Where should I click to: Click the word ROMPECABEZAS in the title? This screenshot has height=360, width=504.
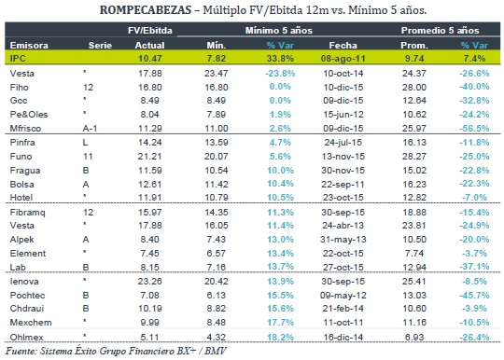146,10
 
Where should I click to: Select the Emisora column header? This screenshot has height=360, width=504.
29,46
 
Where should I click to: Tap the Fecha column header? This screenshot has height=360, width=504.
343,46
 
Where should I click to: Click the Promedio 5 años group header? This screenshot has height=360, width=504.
440,31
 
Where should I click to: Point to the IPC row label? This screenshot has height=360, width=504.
18,59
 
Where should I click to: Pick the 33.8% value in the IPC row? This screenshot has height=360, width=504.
280,59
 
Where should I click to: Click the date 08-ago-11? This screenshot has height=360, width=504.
343,59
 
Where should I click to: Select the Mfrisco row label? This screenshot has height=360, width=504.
25,129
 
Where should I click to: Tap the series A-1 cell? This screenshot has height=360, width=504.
90,129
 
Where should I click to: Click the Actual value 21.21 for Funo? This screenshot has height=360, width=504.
149,157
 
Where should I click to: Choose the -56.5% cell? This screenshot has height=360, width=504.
474,129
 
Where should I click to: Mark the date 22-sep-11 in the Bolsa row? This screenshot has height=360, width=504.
343,185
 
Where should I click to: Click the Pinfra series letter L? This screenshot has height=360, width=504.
85,143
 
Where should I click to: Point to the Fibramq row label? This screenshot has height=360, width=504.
27,213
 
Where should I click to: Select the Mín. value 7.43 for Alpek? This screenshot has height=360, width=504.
216,240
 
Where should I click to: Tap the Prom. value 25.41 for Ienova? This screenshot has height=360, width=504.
414,282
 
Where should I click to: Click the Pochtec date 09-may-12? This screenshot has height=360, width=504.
343,295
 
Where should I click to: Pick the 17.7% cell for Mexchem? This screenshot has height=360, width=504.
280,322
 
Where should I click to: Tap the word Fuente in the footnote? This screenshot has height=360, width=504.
21,351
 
